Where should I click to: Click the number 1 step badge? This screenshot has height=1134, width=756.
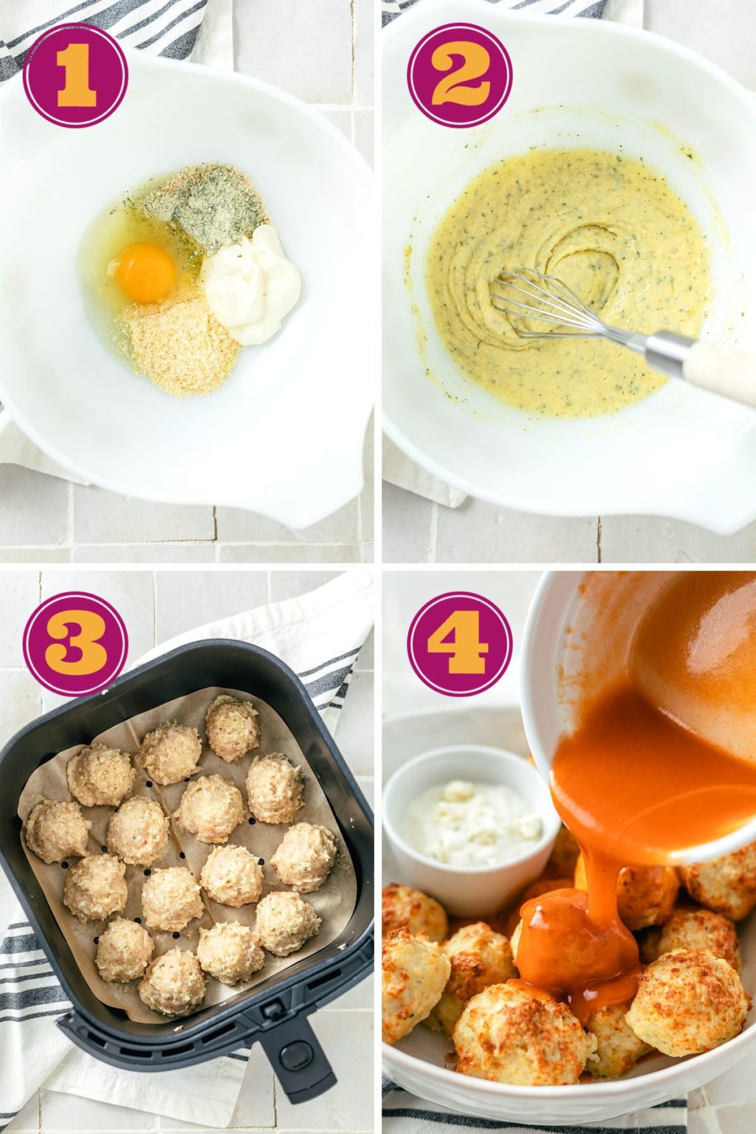coord(75,75)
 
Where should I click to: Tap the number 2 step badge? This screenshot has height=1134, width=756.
coord(459,75)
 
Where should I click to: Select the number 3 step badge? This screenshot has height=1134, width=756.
coord(75,644)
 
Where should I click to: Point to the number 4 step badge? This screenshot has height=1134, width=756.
coord(459,644)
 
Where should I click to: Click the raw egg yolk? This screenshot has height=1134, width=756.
coord(145,272)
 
